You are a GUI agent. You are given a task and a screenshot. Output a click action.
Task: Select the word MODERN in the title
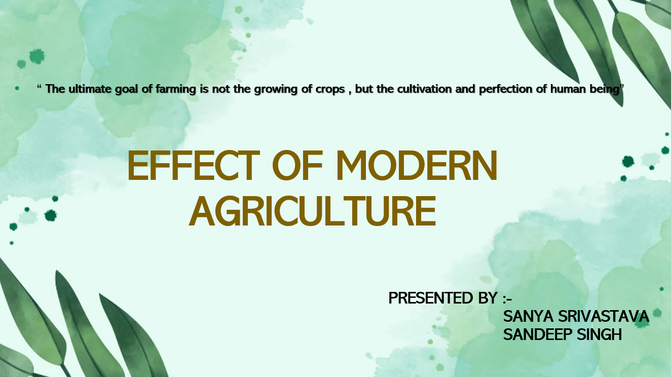point(417,165)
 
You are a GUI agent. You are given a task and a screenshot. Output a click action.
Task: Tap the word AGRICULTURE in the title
point(312,211)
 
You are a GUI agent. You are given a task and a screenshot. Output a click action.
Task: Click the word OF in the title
point(297,165)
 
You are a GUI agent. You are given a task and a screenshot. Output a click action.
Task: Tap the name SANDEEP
point(538,334)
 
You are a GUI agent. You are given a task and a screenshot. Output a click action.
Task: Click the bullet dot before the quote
point(17,88)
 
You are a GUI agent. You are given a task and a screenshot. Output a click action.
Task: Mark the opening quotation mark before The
point(39,86)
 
